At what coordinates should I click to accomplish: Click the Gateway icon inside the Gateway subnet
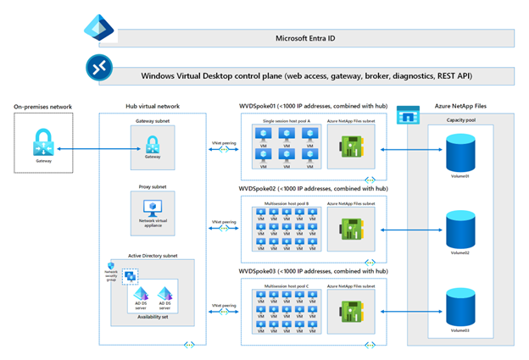tap(153, 140)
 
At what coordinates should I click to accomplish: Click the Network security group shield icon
tap(108, 266)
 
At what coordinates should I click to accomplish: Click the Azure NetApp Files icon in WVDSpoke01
tap(350, 141)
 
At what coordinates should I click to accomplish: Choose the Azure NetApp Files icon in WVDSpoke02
tap(350, 226)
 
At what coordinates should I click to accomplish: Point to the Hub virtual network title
tap(152, 107)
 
